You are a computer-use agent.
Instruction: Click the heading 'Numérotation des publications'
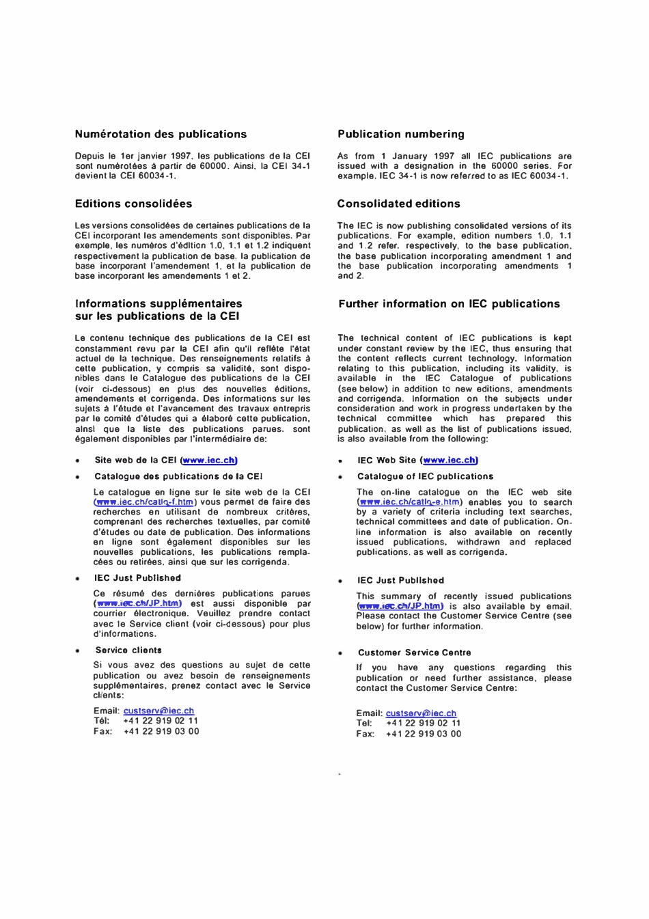coord(161,135)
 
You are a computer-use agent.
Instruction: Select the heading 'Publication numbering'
coord(400,135)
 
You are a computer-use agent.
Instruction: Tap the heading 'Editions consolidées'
coord(133,204)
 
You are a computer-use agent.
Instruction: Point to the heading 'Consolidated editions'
coord(398,204)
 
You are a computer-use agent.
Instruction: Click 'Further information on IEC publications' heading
coord(449,304)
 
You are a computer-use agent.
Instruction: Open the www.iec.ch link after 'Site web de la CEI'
coord(208,461)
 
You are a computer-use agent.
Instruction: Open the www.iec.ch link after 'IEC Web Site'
coord(450,461)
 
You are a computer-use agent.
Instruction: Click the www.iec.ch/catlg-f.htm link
coord(144,502)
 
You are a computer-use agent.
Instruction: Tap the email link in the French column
coord(158,711)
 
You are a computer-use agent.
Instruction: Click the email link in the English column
coord(421,713)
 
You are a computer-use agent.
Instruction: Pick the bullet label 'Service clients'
coord(128,650)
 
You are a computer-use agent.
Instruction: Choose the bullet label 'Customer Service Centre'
coord(414,653)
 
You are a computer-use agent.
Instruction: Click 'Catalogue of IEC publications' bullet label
coord(425,476)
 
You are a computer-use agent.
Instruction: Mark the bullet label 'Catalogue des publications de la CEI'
coord(178,476)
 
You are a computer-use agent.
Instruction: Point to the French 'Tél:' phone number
coord(161,721)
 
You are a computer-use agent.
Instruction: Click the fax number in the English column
coord(423,734)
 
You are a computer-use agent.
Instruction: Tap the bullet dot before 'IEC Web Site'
coord(340,461)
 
